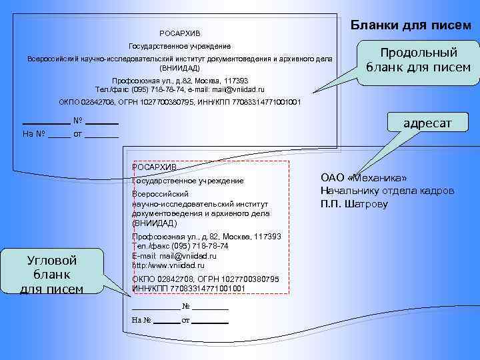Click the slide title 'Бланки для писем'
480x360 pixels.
411,25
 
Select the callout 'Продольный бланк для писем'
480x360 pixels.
418,60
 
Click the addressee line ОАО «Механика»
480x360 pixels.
363,177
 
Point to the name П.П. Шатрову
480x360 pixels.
354,204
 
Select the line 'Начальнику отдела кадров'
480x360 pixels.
387,191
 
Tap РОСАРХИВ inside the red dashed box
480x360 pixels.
155,167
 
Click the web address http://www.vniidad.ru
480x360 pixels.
169,265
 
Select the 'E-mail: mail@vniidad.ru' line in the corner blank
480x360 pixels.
175,256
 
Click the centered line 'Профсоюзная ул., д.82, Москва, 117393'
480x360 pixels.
180,81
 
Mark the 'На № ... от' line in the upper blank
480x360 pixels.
70,135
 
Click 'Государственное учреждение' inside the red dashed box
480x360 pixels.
189,181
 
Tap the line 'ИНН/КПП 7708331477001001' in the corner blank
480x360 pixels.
189,288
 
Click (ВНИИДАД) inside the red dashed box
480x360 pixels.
155,223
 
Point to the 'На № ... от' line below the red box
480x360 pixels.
181,320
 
